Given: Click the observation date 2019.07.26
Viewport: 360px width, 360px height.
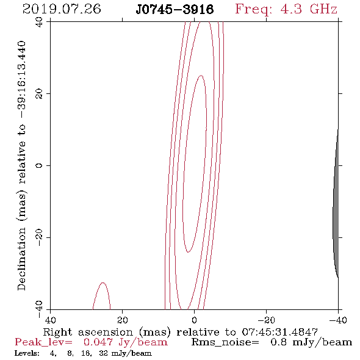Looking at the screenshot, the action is (x=62, y=9).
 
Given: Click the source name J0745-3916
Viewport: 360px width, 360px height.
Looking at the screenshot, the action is (x=175, y=10).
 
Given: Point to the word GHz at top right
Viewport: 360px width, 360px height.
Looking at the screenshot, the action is (x=323, y=9).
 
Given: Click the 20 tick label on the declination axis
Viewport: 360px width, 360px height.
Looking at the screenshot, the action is (x=39, y=94).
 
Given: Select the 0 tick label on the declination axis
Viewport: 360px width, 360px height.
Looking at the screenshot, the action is (x=39, y=165).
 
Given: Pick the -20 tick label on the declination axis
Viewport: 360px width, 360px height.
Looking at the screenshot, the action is (x=39, y=237).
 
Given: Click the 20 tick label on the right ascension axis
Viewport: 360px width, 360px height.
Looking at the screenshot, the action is (x=123, y=320).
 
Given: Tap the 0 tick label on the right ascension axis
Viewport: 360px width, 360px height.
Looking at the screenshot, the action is (x=194, y=320).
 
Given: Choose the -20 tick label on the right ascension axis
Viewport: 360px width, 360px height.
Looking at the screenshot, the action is (x=266, y=320).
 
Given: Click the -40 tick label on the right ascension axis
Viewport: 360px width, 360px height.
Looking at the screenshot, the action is (x=338, y=320).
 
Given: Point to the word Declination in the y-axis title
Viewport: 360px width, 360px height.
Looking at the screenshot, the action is (x=21, y=259).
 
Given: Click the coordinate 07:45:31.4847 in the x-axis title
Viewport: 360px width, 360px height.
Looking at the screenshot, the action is (x=279, y=332).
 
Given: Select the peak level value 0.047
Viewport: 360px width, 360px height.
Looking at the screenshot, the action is (x=98, y=342).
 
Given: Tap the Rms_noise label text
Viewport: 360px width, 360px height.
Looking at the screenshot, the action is (x=225, y=342).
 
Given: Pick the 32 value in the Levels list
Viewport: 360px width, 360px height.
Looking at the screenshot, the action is (x=104, y=353).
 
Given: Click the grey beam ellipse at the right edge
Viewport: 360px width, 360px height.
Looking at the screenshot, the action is (x=336, y=203).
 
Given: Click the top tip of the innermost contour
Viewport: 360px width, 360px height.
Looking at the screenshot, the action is (x=201, y=76).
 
